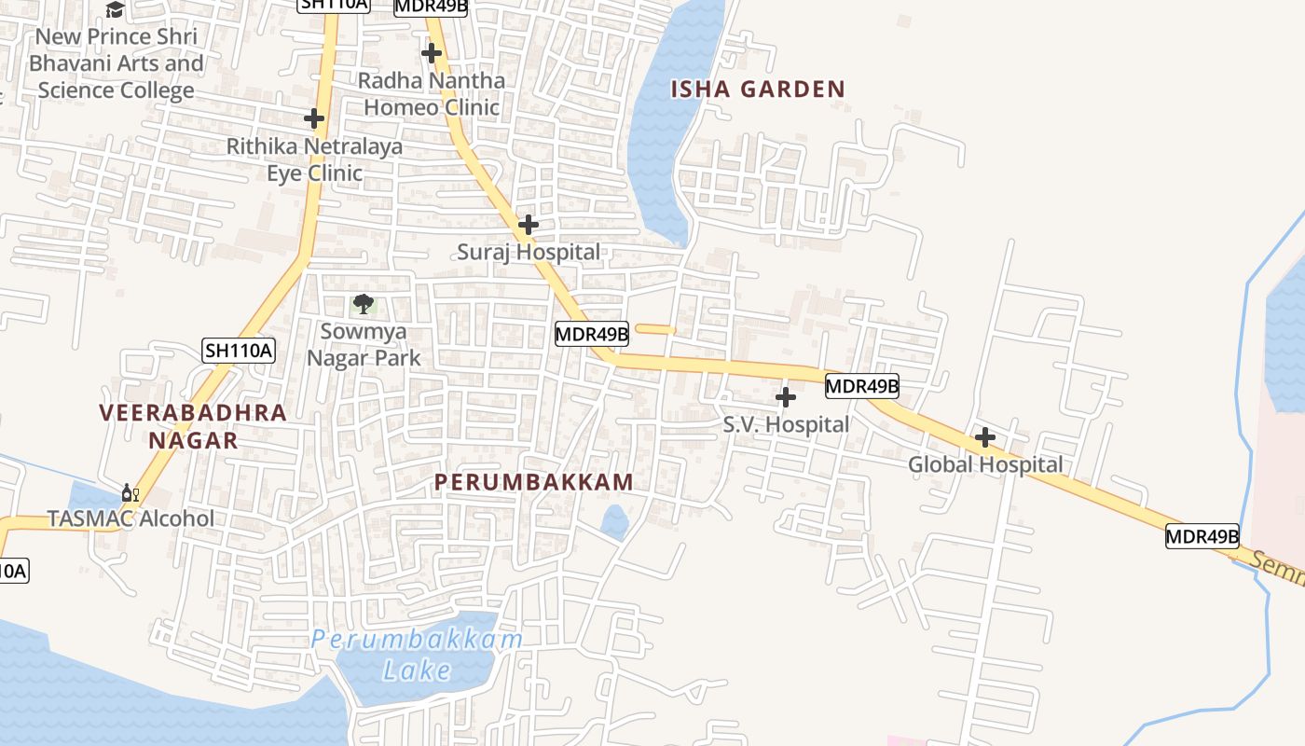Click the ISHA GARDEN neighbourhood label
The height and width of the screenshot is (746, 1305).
coord(758,90)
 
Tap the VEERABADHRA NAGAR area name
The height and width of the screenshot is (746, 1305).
coord(193,425)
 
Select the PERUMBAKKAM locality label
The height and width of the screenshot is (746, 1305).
coord(534,482)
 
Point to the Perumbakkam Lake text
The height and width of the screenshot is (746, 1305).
coord(417,655)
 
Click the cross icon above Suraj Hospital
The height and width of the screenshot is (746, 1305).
coord(529,225)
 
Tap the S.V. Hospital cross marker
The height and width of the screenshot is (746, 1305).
coord(786,398)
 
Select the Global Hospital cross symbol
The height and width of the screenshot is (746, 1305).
coord(985,437)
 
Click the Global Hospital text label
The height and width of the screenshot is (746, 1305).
coord(985,464)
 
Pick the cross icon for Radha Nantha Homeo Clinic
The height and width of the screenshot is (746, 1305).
coord(432,53)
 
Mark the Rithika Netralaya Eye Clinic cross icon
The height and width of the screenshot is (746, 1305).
coord(314,118)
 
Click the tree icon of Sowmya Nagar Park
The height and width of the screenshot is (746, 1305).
coord(364,303)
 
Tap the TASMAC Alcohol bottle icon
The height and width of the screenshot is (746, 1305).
coord(130,492)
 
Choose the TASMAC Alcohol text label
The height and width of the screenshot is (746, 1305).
coord(130,518)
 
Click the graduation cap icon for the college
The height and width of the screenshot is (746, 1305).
coord(115,9)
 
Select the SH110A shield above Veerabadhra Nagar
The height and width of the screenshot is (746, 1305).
coord(239,351)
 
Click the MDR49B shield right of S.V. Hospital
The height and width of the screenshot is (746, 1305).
coord(861,385)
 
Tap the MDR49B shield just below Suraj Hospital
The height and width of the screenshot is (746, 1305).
coord(592,333)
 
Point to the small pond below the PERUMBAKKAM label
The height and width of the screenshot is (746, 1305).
coord(614,522)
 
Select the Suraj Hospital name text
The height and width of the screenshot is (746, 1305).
coord(529,252)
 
